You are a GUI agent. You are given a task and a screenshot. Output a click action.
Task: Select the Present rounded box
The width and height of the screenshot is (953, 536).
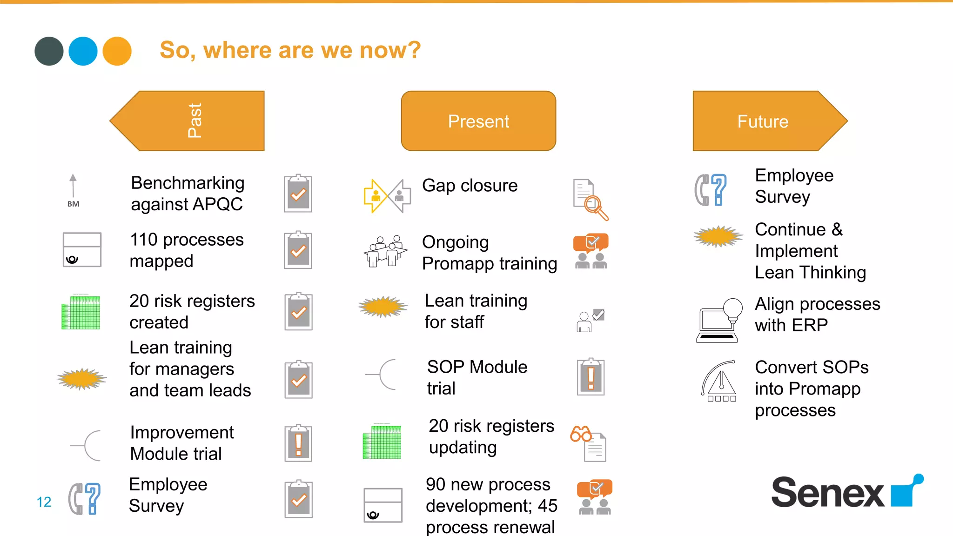[478, 121]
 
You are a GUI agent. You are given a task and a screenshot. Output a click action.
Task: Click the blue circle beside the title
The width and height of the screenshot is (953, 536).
[83, 51]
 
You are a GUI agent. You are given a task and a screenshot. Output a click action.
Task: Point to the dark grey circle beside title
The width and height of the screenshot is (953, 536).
[49, 51]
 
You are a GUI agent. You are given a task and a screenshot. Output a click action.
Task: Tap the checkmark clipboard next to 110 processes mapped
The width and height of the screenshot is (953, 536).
[298, 250]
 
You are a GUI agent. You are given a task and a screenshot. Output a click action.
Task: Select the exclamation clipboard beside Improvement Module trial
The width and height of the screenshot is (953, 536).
[298, 443]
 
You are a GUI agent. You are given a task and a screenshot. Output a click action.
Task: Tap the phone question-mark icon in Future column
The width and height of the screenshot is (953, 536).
[710, 190]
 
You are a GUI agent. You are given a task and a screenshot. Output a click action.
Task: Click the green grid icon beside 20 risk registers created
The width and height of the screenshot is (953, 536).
[81, 312]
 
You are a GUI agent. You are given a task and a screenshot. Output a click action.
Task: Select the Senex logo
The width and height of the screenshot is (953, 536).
[846, 492]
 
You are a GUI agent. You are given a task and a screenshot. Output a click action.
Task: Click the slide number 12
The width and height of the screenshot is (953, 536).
[44, 502]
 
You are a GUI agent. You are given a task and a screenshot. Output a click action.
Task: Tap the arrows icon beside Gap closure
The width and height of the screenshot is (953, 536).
[387, 196]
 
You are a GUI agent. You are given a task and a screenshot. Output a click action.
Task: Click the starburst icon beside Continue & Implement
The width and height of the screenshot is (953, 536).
[718, 236]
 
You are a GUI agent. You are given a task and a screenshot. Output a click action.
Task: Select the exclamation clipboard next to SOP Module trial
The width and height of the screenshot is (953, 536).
[591, 377]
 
